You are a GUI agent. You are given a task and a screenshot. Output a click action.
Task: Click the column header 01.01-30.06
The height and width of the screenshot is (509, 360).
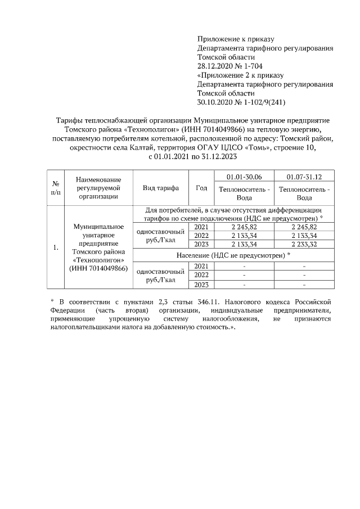click(x=244, y=177)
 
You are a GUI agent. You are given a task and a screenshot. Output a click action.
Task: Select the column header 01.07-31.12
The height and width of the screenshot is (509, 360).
click(x=304, y=177)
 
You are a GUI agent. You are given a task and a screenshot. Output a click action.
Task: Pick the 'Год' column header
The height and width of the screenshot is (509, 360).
click(x=201, y=188)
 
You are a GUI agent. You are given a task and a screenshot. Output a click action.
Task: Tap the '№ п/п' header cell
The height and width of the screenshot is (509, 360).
click(x=56, y=188)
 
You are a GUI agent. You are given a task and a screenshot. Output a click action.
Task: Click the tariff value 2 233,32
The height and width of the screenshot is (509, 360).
click(x=304, y=245)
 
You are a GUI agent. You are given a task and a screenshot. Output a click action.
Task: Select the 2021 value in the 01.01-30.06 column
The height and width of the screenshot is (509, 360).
click(x=244, y=227)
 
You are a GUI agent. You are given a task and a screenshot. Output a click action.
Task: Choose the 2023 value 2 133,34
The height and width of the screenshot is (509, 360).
click(x=244, y=245)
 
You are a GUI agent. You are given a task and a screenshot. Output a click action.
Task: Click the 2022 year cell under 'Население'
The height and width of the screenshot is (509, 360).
click(x=201, y=275)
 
